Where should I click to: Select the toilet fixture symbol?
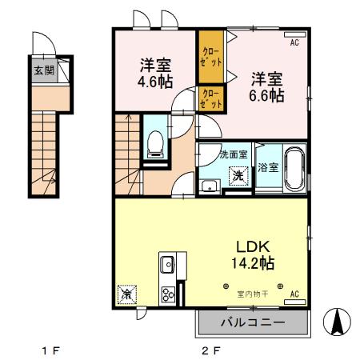(x=156, y=143)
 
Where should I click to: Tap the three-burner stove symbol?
(x=170, y=294)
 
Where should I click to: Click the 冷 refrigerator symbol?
(x=126, y=295)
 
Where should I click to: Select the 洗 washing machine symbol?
(x=238, y=175)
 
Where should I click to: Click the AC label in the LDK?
(x=294, y=294)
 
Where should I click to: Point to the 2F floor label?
(x=210, y=350)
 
